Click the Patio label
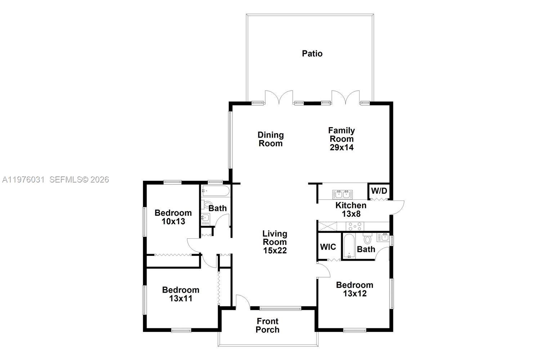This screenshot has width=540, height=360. [312, 54]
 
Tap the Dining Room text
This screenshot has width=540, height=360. [271, 139]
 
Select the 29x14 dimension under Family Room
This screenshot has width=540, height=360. [342, 147]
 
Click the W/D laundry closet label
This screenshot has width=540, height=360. [379, 190]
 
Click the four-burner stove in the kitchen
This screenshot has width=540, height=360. [355, 226]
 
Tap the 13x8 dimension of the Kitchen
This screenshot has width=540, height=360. [351, 214]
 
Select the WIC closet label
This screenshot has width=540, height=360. [328, 247]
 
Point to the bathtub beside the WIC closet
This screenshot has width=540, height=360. [349, 246]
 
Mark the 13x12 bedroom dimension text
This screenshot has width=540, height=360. [354, 293]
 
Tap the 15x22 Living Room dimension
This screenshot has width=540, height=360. [275, 251]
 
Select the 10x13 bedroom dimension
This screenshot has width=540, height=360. [173, 221]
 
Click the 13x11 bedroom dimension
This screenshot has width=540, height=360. [180, 298]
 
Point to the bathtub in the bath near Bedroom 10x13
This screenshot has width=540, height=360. [215, 191]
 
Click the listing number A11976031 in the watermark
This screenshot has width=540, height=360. [23, 179]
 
